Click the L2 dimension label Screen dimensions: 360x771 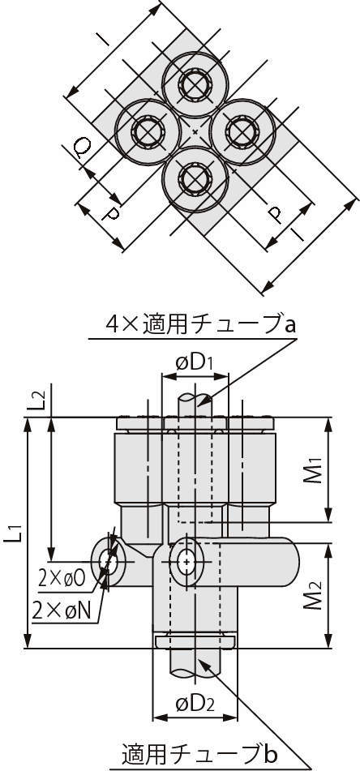[x=41, y=400]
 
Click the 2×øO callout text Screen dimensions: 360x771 [x=62, y=580]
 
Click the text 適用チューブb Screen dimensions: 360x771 [x=197, y=753]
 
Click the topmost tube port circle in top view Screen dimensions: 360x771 [x=195, y=84]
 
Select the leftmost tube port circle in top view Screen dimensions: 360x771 [x=148, y=132]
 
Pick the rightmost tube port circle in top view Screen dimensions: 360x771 [x=243, y=132]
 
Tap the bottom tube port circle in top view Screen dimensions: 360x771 [x=195, y=179]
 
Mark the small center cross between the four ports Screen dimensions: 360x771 [x=195, y=132]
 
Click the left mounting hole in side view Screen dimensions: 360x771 [x=108, y=560]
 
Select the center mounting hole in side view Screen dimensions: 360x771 [x=186, y=561]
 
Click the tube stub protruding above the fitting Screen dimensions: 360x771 [x=195, y=405]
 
